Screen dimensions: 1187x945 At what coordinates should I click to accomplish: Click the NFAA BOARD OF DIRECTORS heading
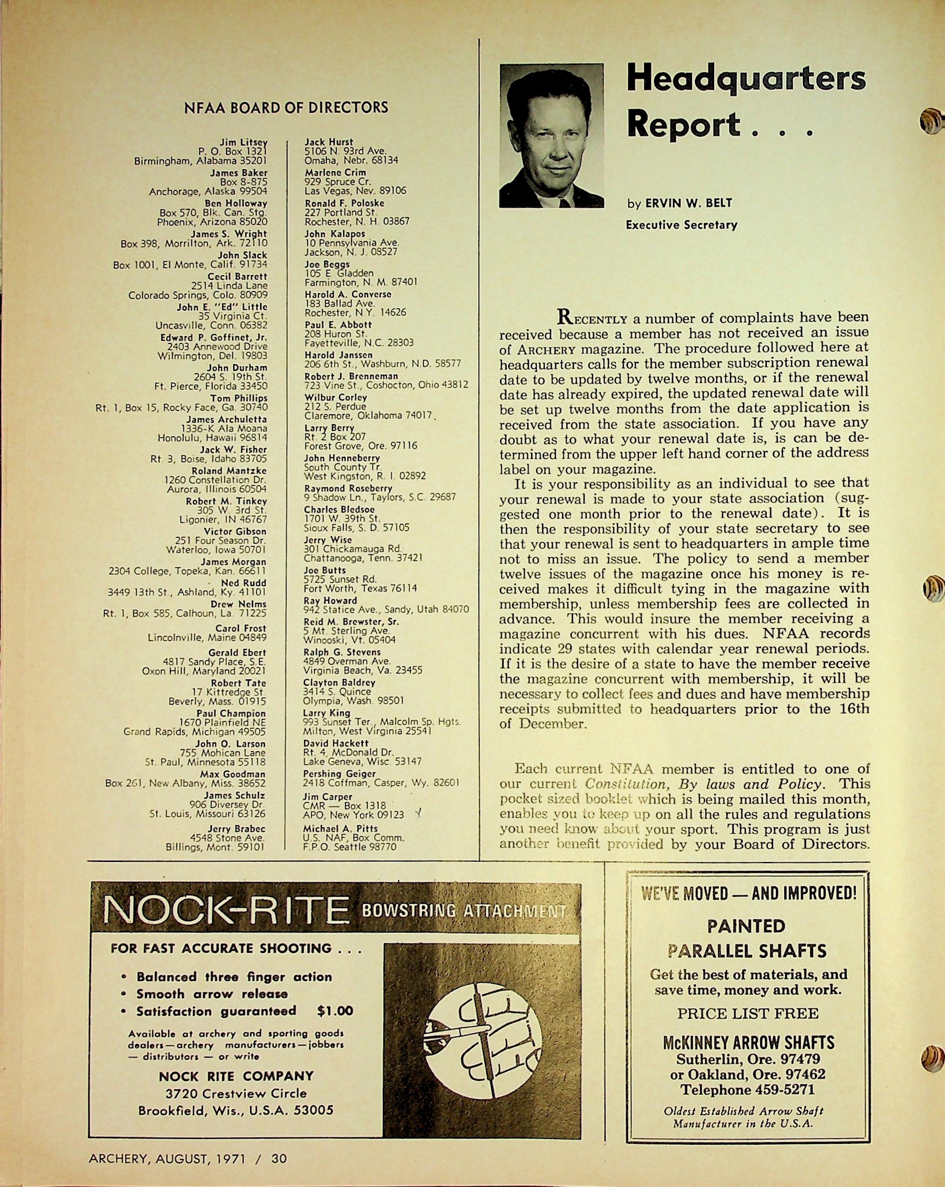[286, 107]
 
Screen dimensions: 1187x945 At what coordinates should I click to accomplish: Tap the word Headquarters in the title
[746, 79]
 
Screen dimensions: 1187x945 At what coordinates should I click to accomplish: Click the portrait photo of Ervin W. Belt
[552, 136]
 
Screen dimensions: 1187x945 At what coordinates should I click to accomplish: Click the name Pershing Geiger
[335, 773]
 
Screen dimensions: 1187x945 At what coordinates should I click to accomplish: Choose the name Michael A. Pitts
[341, 828]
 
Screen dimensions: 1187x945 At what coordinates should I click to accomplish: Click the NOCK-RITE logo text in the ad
[226, 909]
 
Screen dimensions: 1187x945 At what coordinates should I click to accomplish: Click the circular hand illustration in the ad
[487, 1035]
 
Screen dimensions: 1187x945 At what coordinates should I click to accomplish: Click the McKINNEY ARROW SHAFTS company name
[748, 1042]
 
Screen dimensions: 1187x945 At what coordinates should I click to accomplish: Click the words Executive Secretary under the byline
[681, 225]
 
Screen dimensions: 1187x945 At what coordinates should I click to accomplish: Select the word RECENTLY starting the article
[592, 318]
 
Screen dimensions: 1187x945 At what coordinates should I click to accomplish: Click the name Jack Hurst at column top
[329, 142]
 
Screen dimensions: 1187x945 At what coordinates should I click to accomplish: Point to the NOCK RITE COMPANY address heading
[236, 1076]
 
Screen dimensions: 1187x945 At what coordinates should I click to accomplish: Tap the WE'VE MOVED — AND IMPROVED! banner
[749, 893]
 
